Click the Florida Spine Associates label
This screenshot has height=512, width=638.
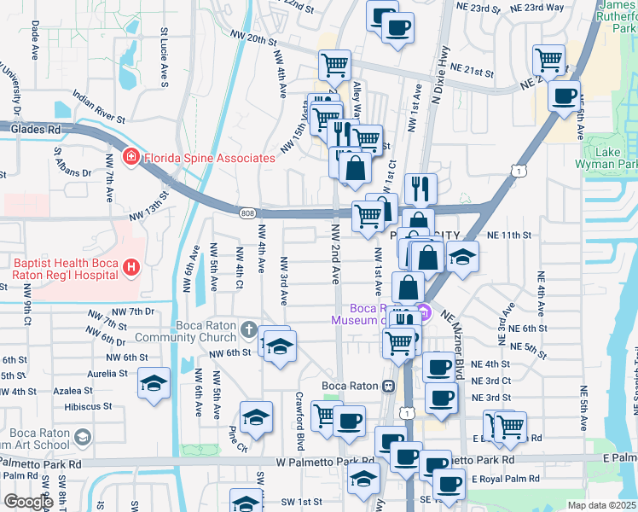pos(209,158)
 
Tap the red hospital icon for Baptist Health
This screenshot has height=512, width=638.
pos(130,269)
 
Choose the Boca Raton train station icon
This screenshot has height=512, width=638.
pos(389,386)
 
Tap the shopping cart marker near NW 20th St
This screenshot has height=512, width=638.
pos(335,64)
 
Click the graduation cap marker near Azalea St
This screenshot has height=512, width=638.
pos(154,384)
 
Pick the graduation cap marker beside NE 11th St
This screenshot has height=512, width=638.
pos(462,255)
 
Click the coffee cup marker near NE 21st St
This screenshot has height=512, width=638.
pos(563,96)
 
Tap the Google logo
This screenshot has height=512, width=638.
pos(28,502)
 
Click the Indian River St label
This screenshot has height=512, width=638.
pos(100,108)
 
